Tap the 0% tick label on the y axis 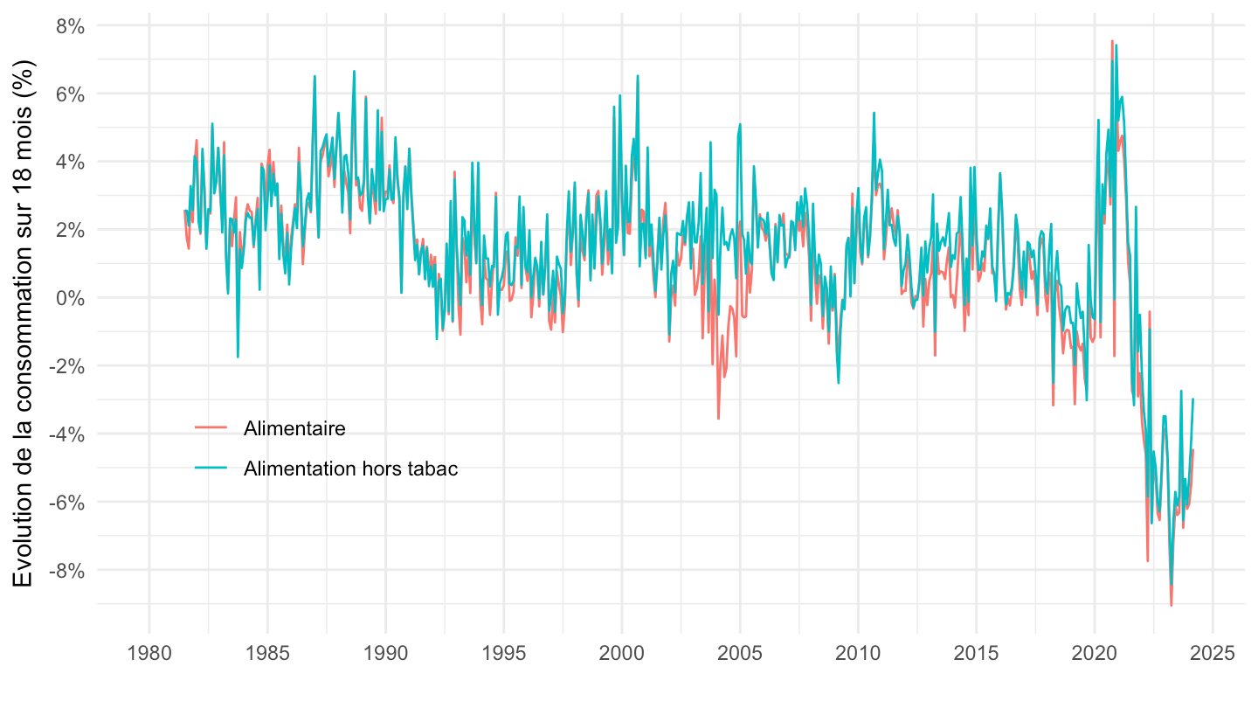pos(70,298)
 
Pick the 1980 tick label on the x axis pos(149,653)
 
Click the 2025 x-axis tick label pos(1213,653)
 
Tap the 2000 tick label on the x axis pos(622,653)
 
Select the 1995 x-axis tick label pos(503,653)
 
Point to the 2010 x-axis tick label pos(858,653)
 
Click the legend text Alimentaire pos(294,428)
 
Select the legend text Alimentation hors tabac pos(351,469)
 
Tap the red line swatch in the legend pos(211,428)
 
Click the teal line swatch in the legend pos(211,469)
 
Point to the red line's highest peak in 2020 pos(1112,40)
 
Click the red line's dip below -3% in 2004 pos(718,419)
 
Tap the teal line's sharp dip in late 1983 pos(238,357)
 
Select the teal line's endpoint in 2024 pos(1193,399)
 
